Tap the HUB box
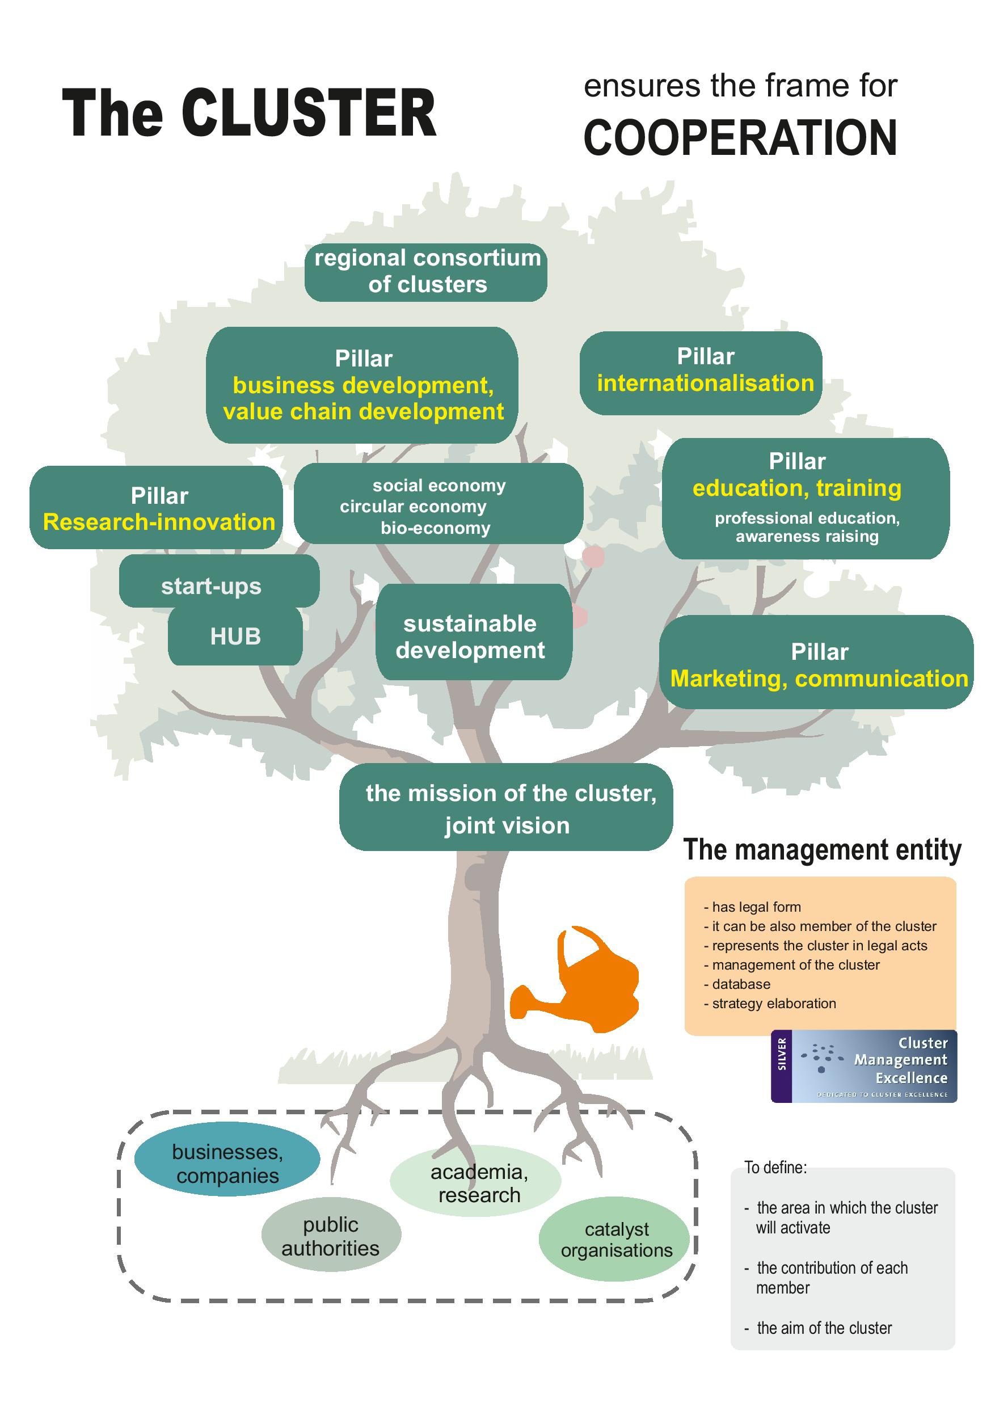pyautogui.click(x=235, y=637)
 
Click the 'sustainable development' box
pyautogui.click(x=470, y=637)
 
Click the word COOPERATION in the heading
pyautogui.click(x=740, y=138)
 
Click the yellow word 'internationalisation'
pyautogui.click(x=705, y=384)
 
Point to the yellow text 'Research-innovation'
pyautogui.click(x=159, y=522)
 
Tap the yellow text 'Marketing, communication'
pyautogui.click(x=819, y=679)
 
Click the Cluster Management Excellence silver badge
pyautogui.click(x=864, y=1066)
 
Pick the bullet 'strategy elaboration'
pyautogui.click(x=774, y=1003)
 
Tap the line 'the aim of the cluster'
pyautogui.click(x=824, y=1328)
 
